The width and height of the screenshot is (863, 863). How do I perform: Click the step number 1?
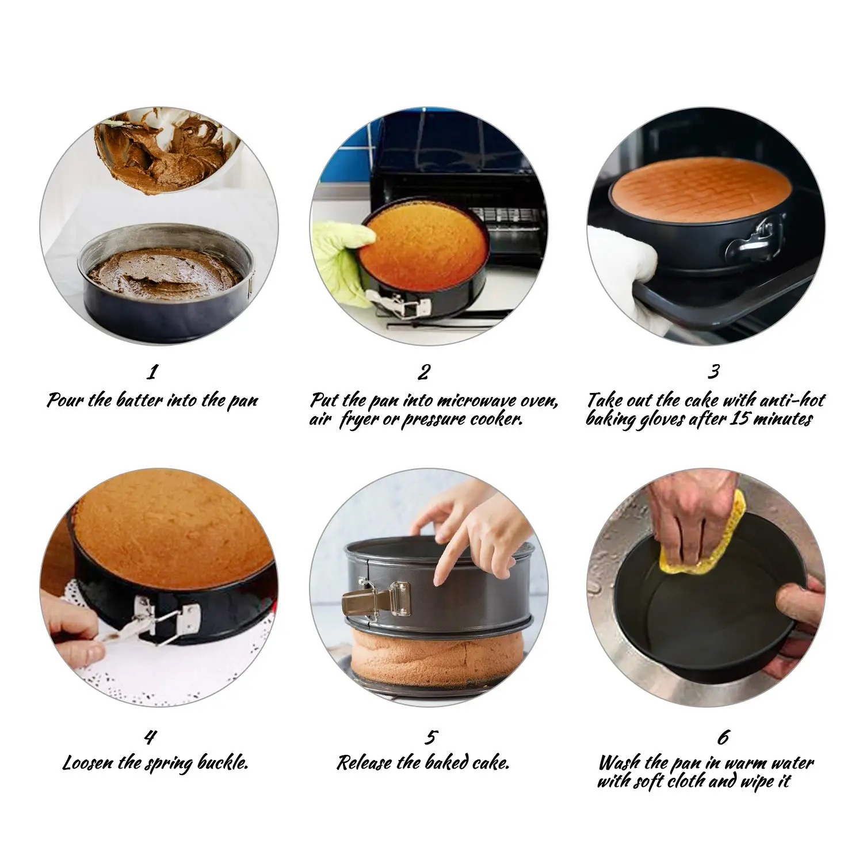coord(152,372)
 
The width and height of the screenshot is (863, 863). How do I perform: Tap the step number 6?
coord(723,737)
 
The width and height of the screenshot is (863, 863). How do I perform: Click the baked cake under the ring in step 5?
coord(437,656)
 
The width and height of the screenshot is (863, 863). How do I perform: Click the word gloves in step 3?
coord(658,419)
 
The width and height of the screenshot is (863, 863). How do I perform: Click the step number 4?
coord(150,737)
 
